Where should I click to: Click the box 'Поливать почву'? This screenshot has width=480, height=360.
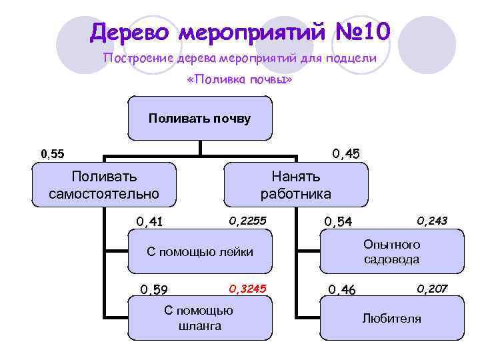(199, 119)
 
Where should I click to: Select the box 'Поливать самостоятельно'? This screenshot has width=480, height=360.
(104, 185)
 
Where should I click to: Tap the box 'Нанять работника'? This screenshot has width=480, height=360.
(295, 185)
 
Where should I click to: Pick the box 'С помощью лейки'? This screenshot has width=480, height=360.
(199, 251)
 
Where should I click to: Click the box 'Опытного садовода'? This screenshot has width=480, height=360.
(391, 251)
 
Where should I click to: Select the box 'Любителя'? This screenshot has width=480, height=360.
(391, 318)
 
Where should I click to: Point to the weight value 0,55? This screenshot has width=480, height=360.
(53, 154)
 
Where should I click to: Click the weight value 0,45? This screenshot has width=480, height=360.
(346, 154)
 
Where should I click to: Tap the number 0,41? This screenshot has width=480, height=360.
(150, 221)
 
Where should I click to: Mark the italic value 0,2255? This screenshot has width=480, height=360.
(247, 220)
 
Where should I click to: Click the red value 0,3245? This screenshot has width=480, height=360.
(247, 288)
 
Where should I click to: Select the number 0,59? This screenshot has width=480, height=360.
(153, 289)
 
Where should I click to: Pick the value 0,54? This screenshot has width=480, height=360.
(338, 221)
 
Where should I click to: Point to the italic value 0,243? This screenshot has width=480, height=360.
(432, 220)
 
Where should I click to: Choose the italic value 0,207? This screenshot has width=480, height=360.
(432, 288)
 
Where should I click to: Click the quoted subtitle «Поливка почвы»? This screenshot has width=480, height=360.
(240, 80)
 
